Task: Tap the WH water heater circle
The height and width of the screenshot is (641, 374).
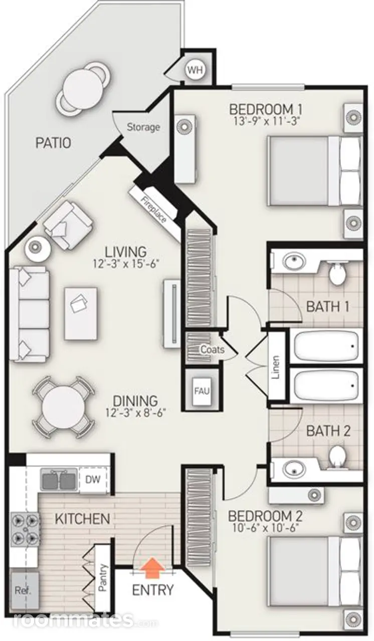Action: [196, 70]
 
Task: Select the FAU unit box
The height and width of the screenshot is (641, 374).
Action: [202, 391]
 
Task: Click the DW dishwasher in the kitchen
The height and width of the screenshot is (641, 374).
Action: [93, 480]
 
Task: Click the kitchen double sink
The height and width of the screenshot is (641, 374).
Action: [59, 480]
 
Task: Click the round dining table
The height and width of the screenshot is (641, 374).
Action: [63, 408]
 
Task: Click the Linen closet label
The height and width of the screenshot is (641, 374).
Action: [276, 367]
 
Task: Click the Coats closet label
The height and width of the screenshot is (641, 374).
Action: [212, 350]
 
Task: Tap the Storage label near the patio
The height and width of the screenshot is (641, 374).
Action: [143, 127]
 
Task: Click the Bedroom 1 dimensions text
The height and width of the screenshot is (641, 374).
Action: [266, 121]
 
